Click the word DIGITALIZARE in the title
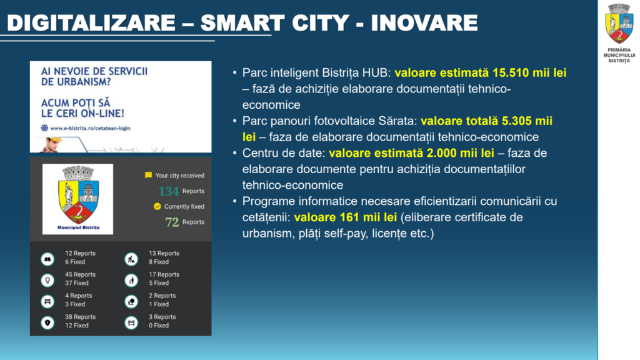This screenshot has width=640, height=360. [91, 22]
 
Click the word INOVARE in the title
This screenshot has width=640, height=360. [424, 22]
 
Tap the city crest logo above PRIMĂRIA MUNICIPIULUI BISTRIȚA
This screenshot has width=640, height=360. [619, 24]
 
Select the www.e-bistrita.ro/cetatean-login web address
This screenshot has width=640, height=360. [90, 128]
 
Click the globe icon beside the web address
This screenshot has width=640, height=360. [44, 128]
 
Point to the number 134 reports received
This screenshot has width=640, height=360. [169, 191]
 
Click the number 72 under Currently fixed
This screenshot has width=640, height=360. [172, 222]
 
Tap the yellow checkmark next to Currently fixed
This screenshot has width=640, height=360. [157, 206]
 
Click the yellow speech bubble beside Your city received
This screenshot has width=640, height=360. [149, 175]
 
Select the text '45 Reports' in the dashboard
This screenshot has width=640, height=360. [81, 274]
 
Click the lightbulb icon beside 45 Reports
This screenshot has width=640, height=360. [47, 281]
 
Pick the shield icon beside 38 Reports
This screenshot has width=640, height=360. [47, 323]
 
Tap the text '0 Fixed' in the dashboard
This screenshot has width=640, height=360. [159, 325]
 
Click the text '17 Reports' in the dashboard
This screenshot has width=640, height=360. [164, 274]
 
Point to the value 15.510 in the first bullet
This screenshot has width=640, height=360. [511, 72]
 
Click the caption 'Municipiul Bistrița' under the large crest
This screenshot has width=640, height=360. [78, 227]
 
